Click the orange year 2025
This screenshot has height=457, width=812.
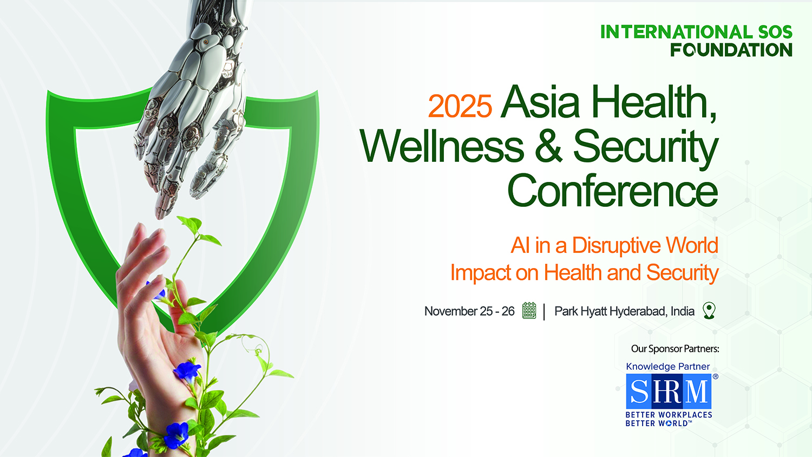click(x=460, y=106)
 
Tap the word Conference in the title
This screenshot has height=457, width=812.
click(x=613, y=190)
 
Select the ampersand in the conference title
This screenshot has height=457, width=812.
click(x=548, y=146)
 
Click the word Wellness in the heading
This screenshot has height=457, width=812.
click(x=442, y=146)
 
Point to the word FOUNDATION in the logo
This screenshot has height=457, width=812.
click(x=731, y=50)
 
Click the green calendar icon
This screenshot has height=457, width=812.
click(x=529, y=310)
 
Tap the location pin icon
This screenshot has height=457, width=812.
click(x=709, y=310)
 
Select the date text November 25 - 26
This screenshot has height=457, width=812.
click(x=469, y=311)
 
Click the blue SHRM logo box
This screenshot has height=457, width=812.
click(x=669, y=391)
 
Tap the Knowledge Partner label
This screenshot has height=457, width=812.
click(x=667, y=367)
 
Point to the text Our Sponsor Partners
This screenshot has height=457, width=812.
click(x=675, y=349)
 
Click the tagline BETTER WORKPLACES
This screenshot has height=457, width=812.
click(x=669, y=415)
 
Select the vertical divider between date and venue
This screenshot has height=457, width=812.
click(x=544, y=312)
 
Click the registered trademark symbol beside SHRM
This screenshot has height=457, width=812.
click(x=715, y=376)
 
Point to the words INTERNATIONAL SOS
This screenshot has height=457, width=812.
click(x=696, y=32)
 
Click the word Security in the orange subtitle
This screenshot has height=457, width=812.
click(x=682, y=273)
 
